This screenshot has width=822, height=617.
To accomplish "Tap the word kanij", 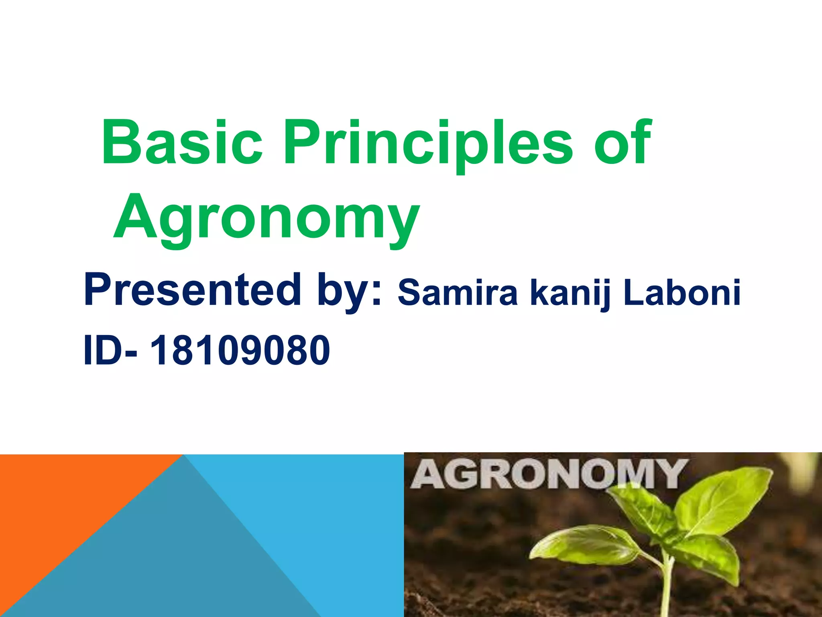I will (x=570, y=293).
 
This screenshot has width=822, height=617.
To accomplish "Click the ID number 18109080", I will (x=240, y=351).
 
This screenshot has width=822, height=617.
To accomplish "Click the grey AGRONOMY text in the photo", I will (x=548, y=474).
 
